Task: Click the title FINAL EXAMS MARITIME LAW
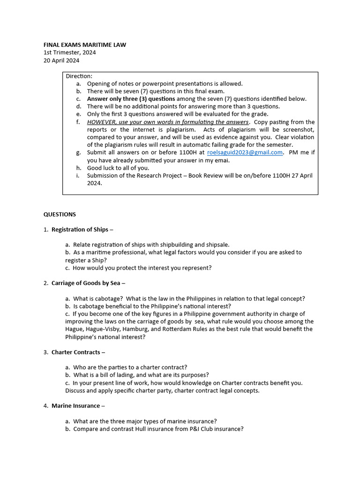[x=84, y=45]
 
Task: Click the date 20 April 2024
[x=61, y=60]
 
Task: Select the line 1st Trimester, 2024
[x=69, y=52]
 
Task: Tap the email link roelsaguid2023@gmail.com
[x=245, y=152]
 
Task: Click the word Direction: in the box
[x=79, y=76]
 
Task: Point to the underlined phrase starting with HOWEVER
[x=167, y=122]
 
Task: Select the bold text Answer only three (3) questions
[x=131, y=99]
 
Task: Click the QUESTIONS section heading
[x=60, y=214]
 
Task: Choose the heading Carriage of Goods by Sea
[x=86, y=283]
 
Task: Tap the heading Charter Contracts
[x=75, y=352]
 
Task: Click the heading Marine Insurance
[x=75, y=406]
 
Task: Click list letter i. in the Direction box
[x=78, y=175]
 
